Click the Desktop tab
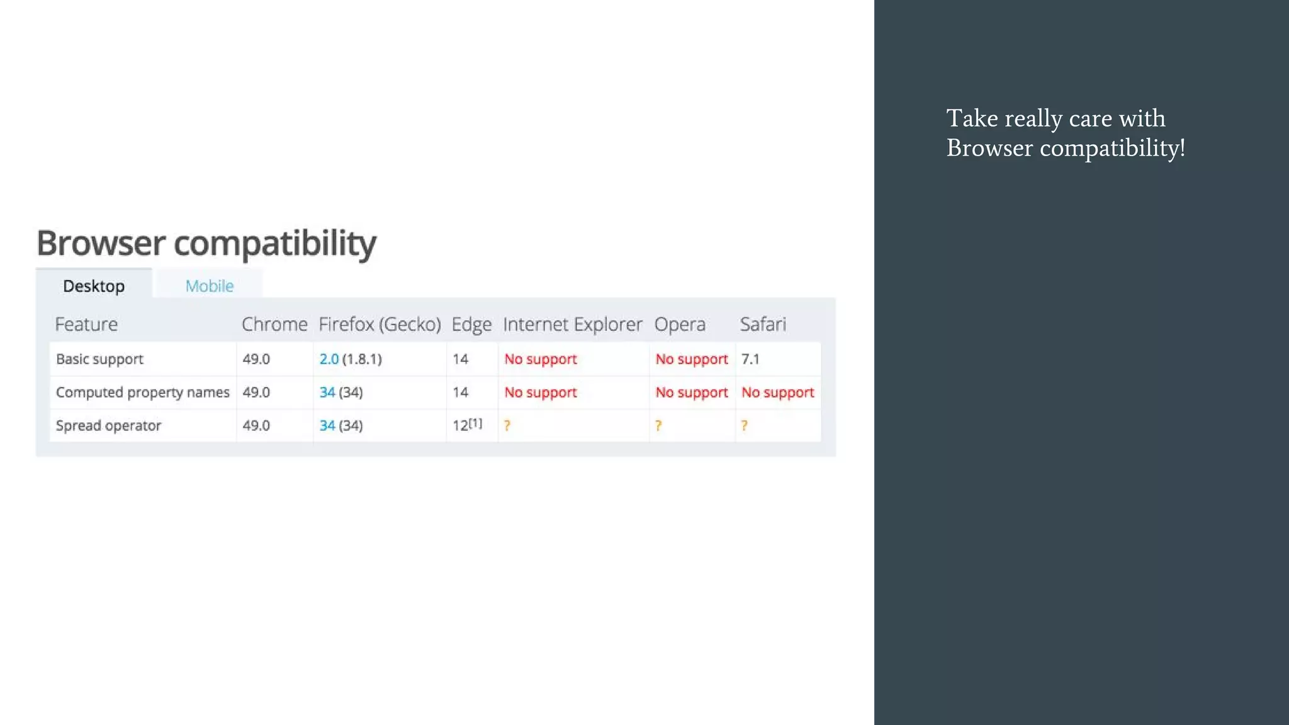tap(94, 286)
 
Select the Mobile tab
tap(210, 286)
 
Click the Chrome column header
tap(274, 324)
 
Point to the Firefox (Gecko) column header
tap(380, 324)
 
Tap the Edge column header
tap(471, 324)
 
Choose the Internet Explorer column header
tap(572, 324)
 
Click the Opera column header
tap(680, 324)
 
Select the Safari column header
tap(763, 324)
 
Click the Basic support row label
tap(99, 359)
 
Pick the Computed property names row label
tap(143, 393)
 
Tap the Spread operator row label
tap(108, 426)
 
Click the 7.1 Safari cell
tap(750, 359)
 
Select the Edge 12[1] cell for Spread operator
tap(467, 425)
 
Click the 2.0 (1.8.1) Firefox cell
tap(351, 359)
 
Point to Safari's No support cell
tap(778, 393)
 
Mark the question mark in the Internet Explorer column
tap(507, 426)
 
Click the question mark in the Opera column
tap(658, 426)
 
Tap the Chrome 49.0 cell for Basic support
tap(256, 359)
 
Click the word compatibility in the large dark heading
tap(275, 243)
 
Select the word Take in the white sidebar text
tap(972, 118)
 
